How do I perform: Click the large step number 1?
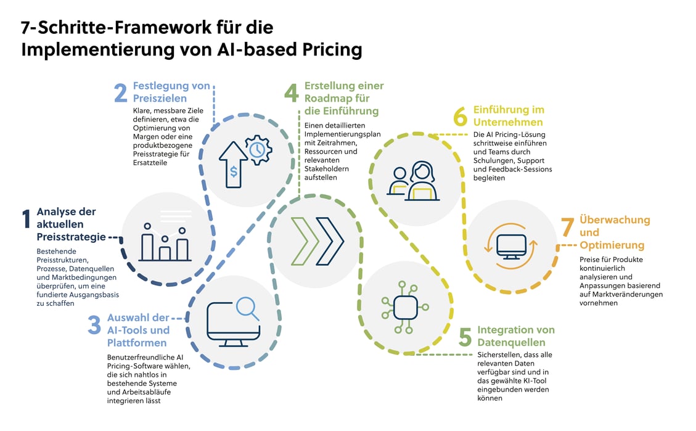point(26,220)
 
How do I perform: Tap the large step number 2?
point(121,93)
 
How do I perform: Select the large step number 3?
point(94,326)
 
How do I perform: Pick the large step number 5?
point(465,337)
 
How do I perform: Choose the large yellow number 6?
point(461,117)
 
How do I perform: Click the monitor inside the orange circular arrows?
point(511,244)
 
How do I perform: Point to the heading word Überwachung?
point(615,220)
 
